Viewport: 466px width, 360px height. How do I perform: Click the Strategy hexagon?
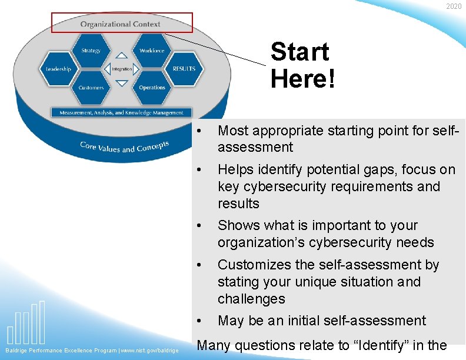pos(91,51)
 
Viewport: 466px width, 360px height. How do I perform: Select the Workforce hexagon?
pos(152,51)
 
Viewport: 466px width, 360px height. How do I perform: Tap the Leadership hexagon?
pos(59,69)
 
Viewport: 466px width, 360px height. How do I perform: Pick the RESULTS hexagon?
pos(184,69)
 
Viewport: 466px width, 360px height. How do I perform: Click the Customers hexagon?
pos(91,88)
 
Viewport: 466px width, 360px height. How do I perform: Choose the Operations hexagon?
pos(152,88)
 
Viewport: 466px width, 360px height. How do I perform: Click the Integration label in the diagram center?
pos(122,69)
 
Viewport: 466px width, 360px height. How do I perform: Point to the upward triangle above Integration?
pos(121,56)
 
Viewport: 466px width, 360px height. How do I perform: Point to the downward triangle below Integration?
pos(121,83)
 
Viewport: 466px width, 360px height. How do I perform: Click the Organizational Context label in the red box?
pos(121,24)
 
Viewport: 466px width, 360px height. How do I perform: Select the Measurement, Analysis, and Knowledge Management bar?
pos(121,112)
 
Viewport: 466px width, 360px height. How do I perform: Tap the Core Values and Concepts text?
pos(124,147)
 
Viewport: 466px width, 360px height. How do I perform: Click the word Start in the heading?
pos(299,52)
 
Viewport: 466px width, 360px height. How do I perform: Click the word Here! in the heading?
pos(303,78)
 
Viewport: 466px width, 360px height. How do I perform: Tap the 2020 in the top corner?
pos(454,6)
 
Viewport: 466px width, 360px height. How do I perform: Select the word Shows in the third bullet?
pos(237,226)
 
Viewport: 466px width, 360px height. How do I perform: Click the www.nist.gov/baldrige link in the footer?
pos(150,351)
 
